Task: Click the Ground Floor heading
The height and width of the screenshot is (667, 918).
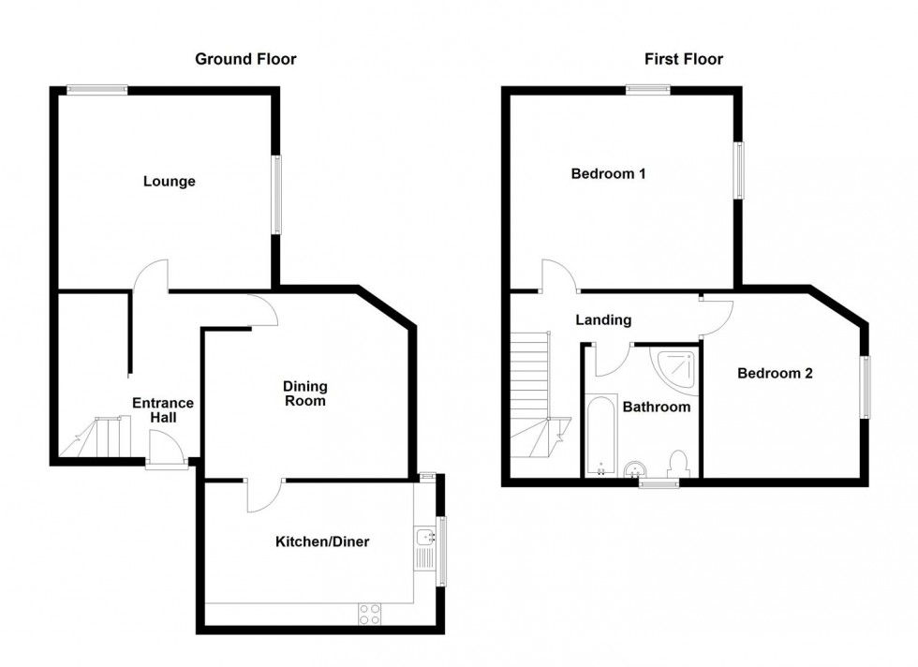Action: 245,59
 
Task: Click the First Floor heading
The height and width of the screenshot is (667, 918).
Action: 683,59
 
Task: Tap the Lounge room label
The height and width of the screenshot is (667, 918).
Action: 170,182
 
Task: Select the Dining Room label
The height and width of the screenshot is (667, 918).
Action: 305,393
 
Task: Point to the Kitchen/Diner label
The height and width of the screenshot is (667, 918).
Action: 322,541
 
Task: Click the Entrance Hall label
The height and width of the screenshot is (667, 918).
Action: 163,410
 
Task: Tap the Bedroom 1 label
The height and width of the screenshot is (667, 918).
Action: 608,174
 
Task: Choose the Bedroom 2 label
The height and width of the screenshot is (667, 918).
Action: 775,374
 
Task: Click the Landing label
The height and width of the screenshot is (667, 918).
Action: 603,320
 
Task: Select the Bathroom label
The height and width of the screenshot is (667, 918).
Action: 657,407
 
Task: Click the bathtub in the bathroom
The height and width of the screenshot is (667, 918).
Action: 601,435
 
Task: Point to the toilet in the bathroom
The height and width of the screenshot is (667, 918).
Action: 679,463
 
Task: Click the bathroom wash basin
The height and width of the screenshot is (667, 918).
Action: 635,468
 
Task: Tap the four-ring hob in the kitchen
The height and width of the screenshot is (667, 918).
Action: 369,614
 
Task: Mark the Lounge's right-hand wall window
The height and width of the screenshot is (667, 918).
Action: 275,195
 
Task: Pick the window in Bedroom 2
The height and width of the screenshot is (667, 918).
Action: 865,387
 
